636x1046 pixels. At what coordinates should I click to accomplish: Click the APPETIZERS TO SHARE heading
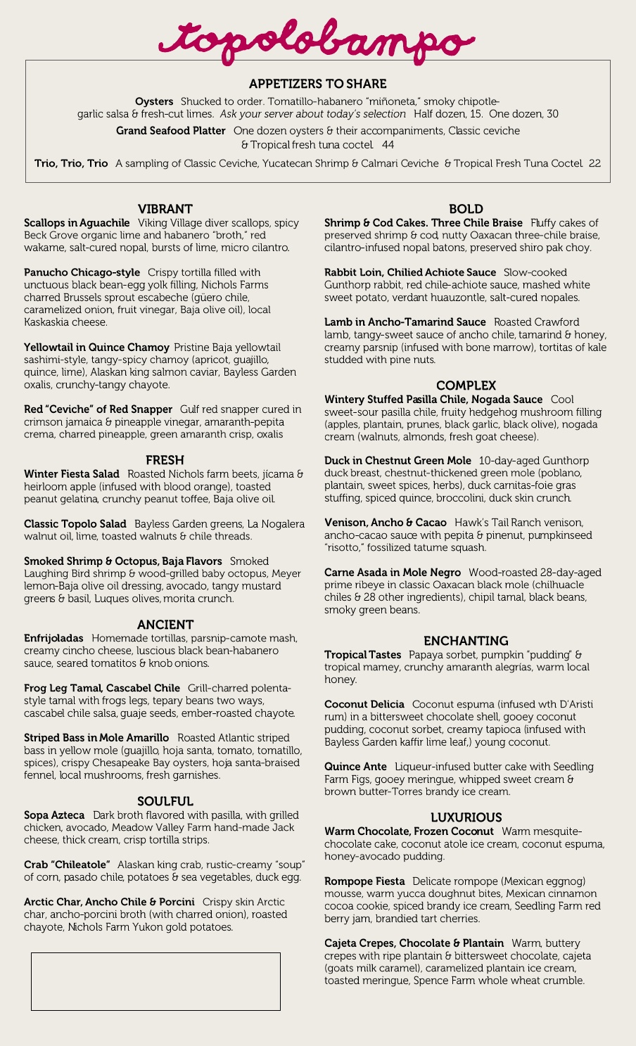[317, 84]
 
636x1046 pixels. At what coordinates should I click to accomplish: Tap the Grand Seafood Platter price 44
[388, 145]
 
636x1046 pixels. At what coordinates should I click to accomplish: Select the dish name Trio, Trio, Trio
[71, 163]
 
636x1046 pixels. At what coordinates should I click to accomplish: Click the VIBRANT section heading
[165, 209]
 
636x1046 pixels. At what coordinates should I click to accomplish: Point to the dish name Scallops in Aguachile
[77, 223]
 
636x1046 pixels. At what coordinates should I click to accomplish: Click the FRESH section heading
[165, 460]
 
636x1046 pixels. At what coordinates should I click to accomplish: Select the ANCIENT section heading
[165, 625]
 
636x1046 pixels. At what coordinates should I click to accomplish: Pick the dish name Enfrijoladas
[53, 638]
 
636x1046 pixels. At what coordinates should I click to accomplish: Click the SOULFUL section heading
[165, 801]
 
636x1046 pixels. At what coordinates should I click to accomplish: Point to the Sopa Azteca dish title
[54, 815]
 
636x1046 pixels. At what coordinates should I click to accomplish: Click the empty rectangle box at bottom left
[155, 981]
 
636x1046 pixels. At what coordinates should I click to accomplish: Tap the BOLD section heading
[466, 209]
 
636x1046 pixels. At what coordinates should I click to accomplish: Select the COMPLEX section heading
[466, 385]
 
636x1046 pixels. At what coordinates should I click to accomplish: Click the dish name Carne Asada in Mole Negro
[393, 573]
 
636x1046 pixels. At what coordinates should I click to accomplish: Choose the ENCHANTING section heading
[466, 641]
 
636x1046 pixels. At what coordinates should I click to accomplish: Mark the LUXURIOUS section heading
[466, 817]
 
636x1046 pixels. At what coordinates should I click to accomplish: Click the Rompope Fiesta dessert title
[364, 881]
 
